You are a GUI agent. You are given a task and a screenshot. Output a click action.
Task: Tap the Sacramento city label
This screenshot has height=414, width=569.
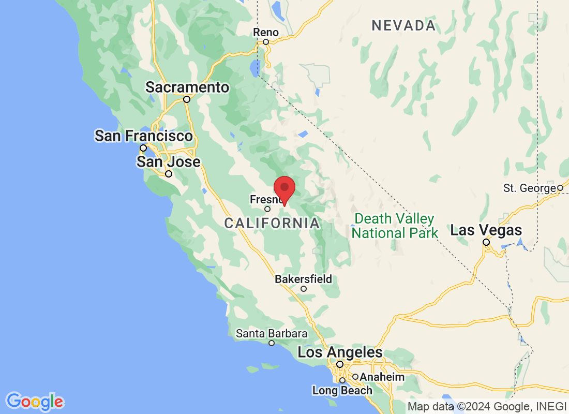pos(187,87)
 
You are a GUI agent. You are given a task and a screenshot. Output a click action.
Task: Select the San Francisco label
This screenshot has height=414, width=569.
pos(143,136)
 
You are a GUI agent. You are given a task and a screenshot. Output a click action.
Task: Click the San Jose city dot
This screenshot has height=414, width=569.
pos(168,174)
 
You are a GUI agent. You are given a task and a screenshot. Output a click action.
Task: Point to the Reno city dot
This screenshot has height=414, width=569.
pos(266,42)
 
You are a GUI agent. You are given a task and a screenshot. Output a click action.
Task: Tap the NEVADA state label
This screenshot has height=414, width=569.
pos(403,25)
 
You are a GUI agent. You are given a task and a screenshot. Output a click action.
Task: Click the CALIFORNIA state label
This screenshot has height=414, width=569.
pos(272,224)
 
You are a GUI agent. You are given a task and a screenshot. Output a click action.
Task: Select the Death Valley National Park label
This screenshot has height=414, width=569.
pos(395,226)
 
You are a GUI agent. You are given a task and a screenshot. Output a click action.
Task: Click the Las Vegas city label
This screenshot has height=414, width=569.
pos(486,230)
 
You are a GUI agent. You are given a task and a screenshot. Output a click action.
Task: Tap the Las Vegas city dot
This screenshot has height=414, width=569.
pos(486,242)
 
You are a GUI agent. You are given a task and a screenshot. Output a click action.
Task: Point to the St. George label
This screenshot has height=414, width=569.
pos(529,188)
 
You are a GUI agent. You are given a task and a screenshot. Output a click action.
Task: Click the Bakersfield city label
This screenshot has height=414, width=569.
pos(303,279)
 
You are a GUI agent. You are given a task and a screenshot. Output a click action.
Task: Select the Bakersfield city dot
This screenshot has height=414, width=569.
pos(304,289)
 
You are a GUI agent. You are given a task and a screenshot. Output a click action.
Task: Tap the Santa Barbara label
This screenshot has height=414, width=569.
pos(272,334)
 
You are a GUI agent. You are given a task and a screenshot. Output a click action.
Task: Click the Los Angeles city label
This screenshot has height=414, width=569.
pos(340,352)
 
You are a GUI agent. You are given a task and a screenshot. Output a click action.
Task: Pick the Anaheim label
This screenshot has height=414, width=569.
pos(382,377)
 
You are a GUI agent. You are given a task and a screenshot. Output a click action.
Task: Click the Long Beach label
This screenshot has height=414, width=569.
pos(342,390)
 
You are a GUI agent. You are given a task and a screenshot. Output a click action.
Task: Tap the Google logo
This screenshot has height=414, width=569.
pos(35,402)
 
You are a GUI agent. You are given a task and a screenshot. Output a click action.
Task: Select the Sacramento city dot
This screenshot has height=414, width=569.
pos(187,99)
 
